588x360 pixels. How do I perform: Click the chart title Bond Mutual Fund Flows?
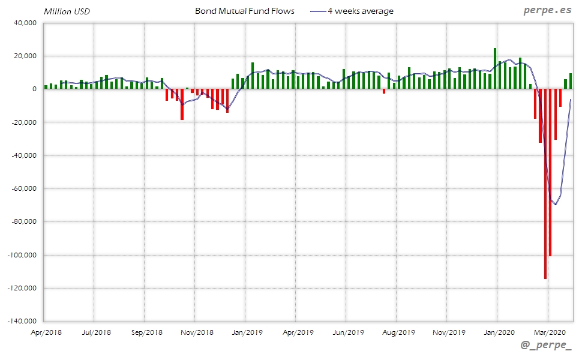245,11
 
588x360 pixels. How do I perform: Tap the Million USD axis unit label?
67,11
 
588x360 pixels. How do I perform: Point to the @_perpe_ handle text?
547,346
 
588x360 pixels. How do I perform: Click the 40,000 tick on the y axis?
25,23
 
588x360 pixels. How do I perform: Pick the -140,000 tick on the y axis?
22,321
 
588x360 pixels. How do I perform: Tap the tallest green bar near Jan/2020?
495,68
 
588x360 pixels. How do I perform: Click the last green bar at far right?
570,81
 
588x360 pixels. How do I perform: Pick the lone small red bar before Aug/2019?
384,91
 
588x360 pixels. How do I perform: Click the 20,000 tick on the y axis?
25,56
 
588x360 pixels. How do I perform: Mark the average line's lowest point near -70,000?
556,205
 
